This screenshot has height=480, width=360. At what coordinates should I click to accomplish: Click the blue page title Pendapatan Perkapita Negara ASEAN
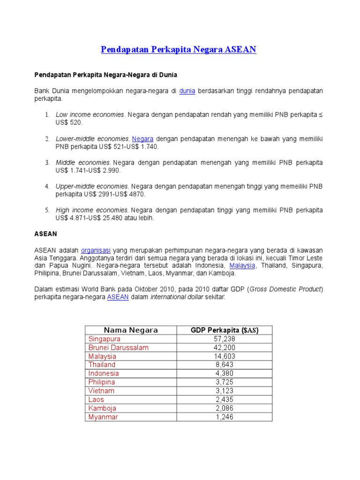[179, 50]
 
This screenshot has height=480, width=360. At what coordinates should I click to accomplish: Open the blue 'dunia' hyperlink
[187, 90]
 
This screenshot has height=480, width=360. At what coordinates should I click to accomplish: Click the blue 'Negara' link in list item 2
[142, 139]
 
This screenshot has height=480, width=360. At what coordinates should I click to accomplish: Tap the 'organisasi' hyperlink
[96, 250]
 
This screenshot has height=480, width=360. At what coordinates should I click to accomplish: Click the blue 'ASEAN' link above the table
[118, 297]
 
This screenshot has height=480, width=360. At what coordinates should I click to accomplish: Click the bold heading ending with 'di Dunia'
[105, 75]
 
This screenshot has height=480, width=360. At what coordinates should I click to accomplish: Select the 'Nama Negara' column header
[131, 330]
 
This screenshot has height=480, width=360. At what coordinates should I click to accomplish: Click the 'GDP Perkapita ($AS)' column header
[224, 330]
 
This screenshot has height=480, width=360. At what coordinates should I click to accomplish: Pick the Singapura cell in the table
[105, 339]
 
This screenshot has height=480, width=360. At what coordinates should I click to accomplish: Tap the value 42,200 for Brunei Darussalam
[225, 348]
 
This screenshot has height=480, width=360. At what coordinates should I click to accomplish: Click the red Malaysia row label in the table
[102, 356]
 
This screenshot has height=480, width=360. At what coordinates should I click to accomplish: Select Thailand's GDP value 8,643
[225, 365]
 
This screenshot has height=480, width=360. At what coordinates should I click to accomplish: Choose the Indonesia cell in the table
[104, 374]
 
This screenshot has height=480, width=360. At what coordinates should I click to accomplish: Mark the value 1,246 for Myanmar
[225, 417]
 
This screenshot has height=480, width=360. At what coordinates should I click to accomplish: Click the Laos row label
[96, 399]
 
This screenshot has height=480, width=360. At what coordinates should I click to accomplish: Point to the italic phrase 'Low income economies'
[90, 115]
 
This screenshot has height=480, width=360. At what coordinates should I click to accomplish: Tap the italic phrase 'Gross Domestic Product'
[285, 289]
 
